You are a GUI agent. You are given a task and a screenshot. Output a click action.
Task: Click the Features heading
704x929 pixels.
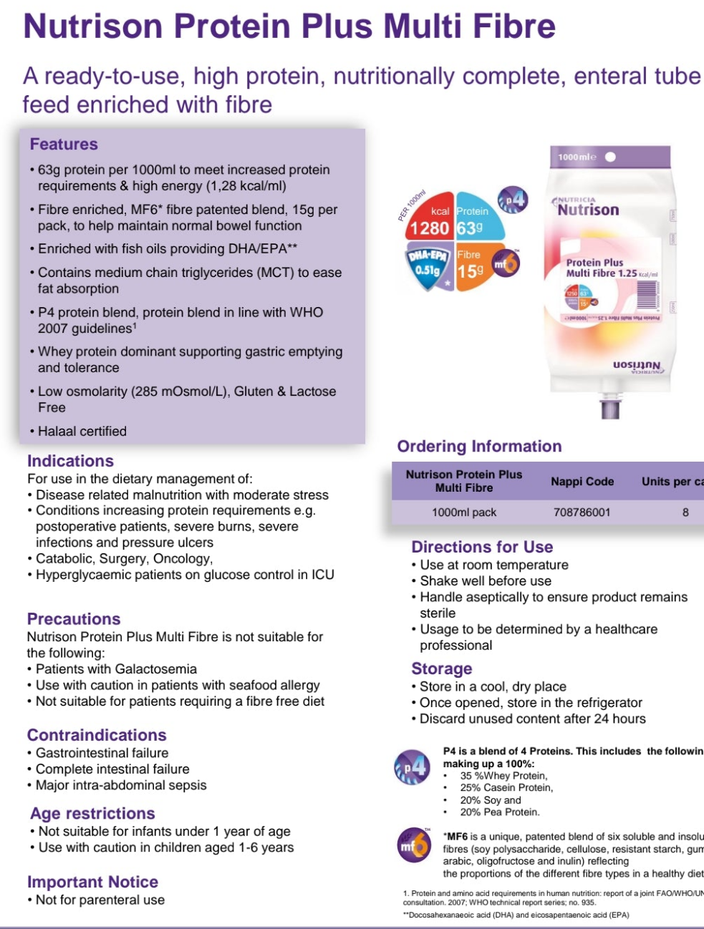[64, 144]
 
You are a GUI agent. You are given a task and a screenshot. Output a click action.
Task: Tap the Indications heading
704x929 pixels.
[70, 461]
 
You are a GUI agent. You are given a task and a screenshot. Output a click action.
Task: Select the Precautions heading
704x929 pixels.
[74, 619]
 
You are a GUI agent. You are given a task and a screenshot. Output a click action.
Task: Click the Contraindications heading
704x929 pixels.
[97, 735]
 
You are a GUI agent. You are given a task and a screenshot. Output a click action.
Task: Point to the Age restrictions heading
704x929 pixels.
[92, 813]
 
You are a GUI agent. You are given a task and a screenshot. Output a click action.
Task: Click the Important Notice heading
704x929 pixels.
[92, 882]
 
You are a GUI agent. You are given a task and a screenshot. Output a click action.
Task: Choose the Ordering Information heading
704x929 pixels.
[479, 447]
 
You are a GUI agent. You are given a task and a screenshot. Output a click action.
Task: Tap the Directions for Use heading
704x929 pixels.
[482, 547]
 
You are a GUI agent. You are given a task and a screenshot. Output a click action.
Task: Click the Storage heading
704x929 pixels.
[441, 668]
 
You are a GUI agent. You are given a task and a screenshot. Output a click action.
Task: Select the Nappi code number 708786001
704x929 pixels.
[582, 512]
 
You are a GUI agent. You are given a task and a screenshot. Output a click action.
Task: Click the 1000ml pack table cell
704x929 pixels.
[463, 512]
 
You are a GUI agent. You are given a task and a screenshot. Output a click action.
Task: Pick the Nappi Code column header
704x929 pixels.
[582, 482]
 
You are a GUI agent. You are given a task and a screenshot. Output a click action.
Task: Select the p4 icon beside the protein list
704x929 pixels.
[413, 767]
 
